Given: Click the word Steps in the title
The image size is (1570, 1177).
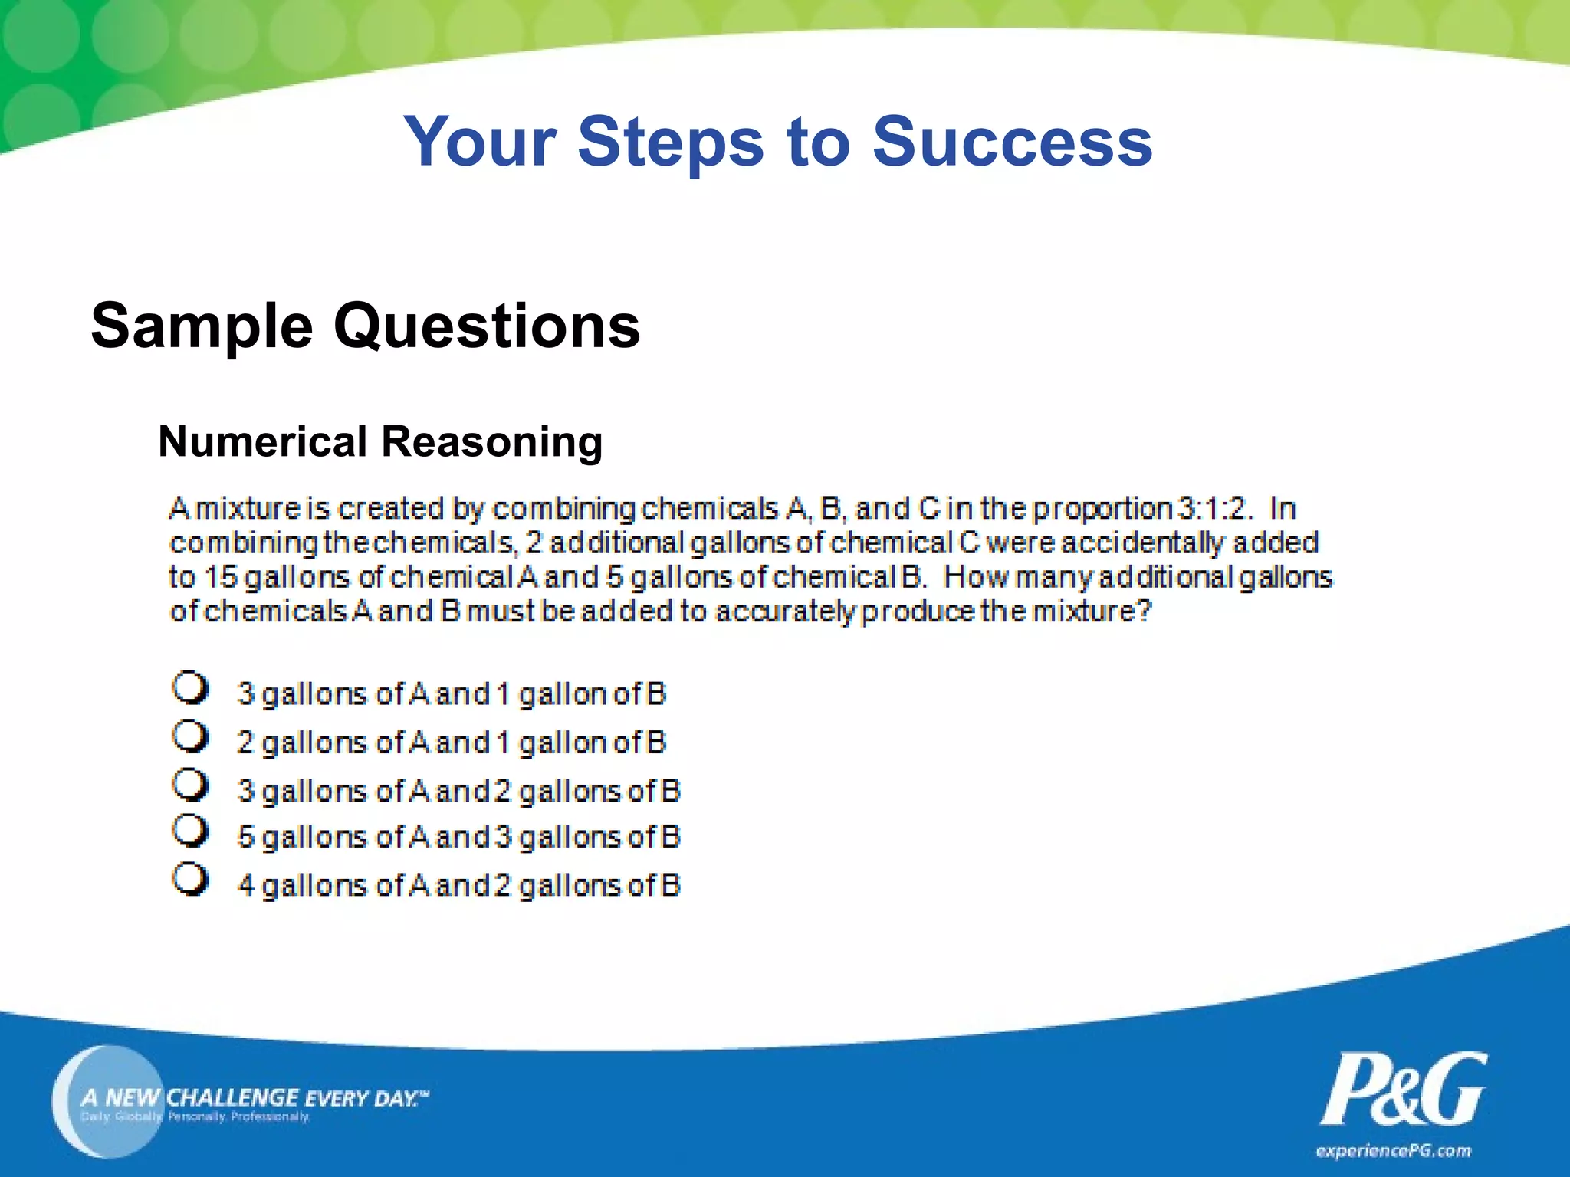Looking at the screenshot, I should tap(671, 142).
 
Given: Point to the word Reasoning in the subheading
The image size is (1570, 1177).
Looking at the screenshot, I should tap(491, 442).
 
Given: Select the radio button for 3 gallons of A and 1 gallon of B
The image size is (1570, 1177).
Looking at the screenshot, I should tap(189, 687).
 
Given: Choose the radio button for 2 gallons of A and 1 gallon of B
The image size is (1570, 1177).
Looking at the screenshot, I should tap(189, 736).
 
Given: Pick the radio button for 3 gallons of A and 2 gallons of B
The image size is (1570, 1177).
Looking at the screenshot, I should tap(189, 784).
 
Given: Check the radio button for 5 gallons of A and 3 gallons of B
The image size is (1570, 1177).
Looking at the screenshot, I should tap(189, 831).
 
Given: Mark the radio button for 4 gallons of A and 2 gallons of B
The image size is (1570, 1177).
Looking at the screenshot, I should tap(189, 879).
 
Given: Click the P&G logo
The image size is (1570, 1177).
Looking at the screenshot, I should tap(1403, 1089).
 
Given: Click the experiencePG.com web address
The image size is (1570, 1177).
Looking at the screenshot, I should tap(1393, 1151).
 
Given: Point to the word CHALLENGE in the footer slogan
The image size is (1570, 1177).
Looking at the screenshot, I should tap(232, 1097).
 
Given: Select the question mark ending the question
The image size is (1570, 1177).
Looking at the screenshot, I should tap(1144, 611).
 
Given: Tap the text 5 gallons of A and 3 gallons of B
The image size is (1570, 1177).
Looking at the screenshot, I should tap(458, 837).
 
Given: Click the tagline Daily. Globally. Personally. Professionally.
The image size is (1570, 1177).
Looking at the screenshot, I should tap(195, 1117).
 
